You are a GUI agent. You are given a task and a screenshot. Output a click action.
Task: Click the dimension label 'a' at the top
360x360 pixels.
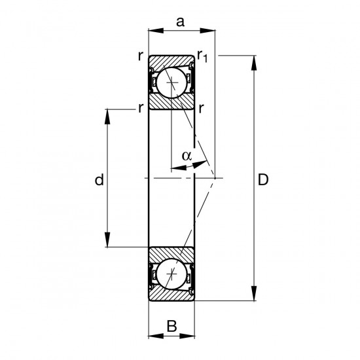click(x=180, y=22)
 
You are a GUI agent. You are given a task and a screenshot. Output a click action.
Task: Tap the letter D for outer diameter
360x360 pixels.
click(x=263, y=179)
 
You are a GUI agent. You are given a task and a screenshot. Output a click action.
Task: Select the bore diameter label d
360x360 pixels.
click(x=99, y=179)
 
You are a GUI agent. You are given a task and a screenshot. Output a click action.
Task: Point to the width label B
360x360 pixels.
click(x=172, y=326)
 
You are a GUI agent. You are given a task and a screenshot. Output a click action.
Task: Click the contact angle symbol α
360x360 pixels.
click(x=187, y=156)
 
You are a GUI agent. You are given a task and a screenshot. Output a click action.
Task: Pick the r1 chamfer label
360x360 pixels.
click(x=202, y=56)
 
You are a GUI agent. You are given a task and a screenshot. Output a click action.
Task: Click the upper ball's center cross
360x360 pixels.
click(x=171, y=82)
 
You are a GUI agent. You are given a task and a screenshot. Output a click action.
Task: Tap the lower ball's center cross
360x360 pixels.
click(x=171, y=274)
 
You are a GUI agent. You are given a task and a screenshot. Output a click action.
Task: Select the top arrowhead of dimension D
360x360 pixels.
click(x=254, y=62)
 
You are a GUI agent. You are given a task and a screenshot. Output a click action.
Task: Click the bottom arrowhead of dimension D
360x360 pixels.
click(x=254, y=293)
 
